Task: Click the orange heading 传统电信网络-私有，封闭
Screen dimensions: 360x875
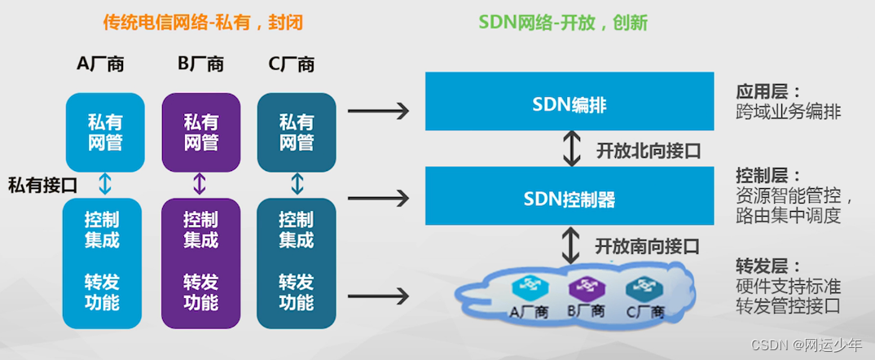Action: (203, 23)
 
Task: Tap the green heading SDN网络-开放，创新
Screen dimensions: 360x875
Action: (563, 23)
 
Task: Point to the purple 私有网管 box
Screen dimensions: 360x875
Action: (200, 132)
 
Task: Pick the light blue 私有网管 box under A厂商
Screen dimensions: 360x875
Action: (105, 132)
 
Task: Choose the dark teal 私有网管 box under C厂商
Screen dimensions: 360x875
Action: (297, 132)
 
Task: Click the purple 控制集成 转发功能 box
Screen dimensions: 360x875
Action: (200, 261)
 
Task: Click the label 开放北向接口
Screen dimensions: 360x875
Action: (649, 150)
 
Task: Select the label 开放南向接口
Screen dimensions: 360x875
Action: (648, 244)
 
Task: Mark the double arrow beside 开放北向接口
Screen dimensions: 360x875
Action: (574, 148)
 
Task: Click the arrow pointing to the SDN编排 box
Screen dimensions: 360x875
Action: (377, 110)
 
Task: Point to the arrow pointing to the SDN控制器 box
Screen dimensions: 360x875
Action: (377, 196)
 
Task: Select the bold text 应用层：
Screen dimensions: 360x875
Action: (768, 90)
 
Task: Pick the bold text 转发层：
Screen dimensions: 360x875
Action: (768, 266)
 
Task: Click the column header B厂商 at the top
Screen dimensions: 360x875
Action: (200, 64)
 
